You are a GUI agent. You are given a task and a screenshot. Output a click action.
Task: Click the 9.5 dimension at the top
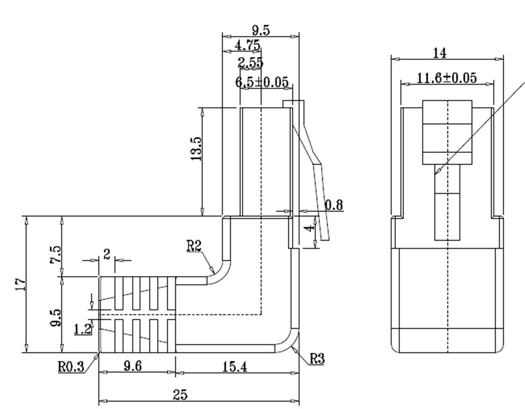click(x=261, y=30)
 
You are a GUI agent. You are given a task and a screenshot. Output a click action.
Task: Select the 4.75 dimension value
click(x=247, y=45)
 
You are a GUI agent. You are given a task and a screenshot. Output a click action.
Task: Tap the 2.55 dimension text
click(x=251, y=63)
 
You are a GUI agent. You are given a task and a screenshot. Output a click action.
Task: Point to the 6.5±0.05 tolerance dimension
click(x=262, y=82)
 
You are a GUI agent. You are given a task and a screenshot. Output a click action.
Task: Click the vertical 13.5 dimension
click(x=196, y=149)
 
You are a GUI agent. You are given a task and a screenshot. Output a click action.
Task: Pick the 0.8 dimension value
click(x=334, y=204)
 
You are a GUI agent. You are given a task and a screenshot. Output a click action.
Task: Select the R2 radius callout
click(x=194, y=246)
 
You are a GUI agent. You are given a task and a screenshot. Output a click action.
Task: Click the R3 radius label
click(x=317, y=358)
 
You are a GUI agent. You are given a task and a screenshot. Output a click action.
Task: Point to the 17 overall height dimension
click(x=19, y=284)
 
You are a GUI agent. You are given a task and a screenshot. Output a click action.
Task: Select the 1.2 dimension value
click(x=82, y=329)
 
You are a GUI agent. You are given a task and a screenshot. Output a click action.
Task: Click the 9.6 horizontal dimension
click(x=133, y=366)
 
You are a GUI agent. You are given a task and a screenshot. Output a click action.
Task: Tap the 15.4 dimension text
click(x=235, y=366)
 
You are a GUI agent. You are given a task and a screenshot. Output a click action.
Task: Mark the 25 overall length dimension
click(x=180, y=395)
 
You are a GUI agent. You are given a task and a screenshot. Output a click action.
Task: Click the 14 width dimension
click(x=439, y=53)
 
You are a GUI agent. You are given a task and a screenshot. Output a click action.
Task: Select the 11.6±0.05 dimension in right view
click(x=447, y=78)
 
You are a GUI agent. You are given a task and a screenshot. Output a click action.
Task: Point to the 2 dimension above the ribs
click(x=107, y=254)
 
